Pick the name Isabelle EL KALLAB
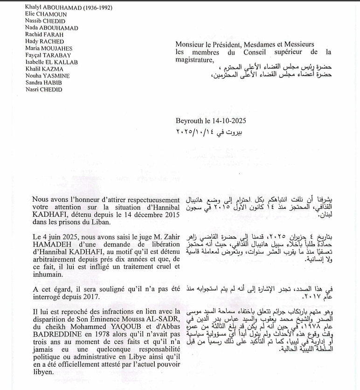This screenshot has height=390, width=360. [x=51, y=62]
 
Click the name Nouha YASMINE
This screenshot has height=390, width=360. [x=48, y=75]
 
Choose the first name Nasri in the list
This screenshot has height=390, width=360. [x=33, y=89]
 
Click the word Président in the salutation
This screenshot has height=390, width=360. [x=228, y=44]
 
